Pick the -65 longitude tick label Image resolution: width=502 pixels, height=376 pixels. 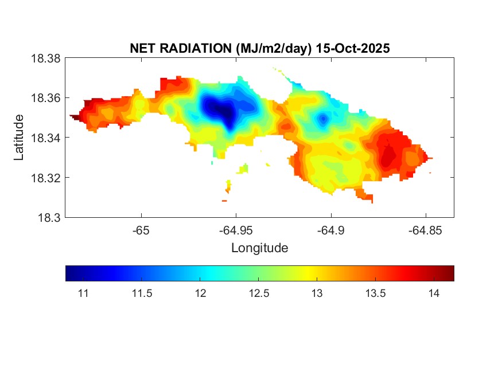tap(141, 230)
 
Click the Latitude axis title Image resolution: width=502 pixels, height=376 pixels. tap(19, 138)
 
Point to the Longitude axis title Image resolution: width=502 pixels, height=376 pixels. tap(259, 248)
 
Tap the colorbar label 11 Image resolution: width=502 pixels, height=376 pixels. tap(83, 293)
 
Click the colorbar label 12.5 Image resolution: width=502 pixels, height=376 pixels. tap(258, 293)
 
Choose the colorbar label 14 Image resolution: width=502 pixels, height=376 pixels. tap(434, 293)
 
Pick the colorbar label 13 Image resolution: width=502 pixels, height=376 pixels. tap(317, 293)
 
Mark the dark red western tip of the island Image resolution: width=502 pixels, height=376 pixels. tap(75, 116)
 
